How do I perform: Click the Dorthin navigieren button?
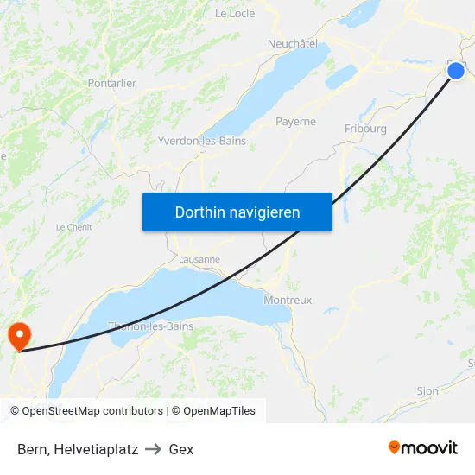pyautogui.click(x=237, y=212)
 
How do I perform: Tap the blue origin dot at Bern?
pyautogui.click(x=456, y=72)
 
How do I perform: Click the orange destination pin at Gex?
pyautogui.click(x=18, y=335)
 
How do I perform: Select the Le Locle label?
pyautogui.click(x=235, y=14)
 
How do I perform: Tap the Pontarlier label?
pyautogui.click(x=112, y=84)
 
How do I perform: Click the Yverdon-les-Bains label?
pyautogui.click(x=202, y=141)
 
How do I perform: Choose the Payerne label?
pyautogui.click(x=295, y=122)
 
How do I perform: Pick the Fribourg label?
pyautogui.click(x=365, y=129)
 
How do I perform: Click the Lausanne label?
pyautogui.click(x=199, y=258)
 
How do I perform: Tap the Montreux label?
pyautogui.click(x=288, y=300)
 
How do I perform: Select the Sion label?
pyautogui.click(x=427, y=390)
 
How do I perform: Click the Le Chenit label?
pyautogui.click(x=74, y=227)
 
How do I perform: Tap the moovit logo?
pyautogui.click(x=423, y=448)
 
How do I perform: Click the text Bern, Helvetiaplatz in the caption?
pyautogui.click(x=78, y=449)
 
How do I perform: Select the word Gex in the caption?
pyautogui.click(x=181, y=449)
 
